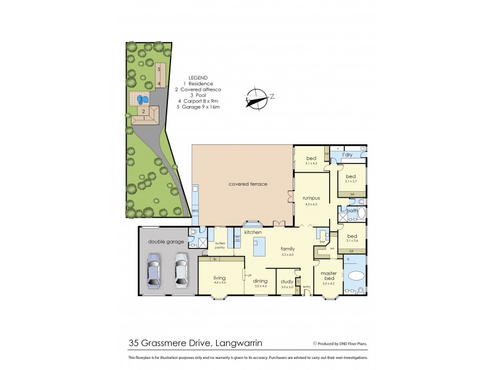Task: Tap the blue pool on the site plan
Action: pyautogui.click(x=143, y=99)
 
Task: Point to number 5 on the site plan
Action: pyautogui.click(x=159, y=69)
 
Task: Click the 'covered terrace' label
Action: pyautogui.click(x=248, y=184)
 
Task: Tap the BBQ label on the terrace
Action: pyautogui.click(x=195, y=210)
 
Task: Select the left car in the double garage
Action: pyautogui.click(x=154, y=271)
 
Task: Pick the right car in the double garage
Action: pyautogui.click(x=180, y=271)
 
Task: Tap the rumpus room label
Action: pyautogui.click(x=311, y=198)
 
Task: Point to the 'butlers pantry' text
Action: pyautogui.click(x=220, y=245)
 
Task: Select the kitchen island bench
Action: pyautogui.click(x=258, y=245)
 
